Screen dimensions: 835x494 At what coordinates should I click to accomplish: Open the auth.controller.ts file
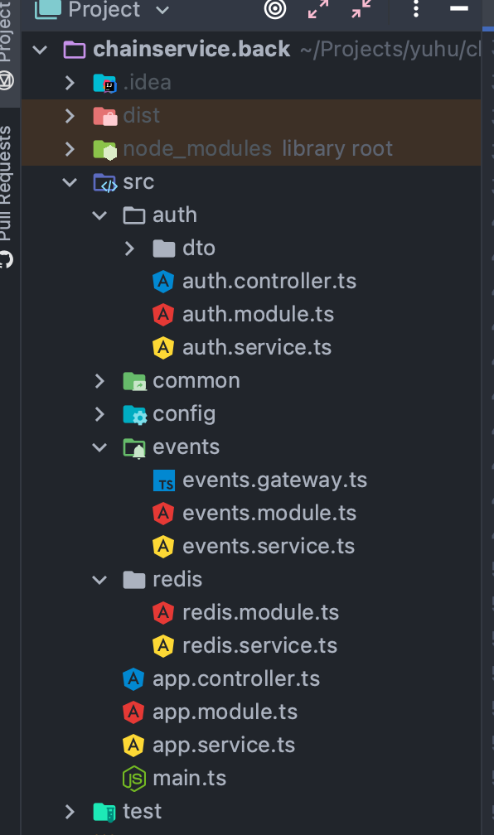[x=269, y=281]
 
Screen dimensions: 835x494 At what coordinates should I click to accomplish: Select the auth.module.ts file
[x=258, y=314]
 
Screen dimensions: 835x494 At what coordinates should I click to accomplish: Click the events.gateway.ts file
[x=274, y=480]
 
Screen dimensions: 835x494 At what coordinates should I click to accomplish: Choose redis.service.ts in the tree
[x=259, y=645]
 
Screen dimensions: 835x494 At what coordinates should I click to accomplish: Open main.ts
[x=189, y=778]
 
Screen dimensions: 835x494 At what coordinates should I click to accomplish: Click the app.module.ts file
[x=225, y=712]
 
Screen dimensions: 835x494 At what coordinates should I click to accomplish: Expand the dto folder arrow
[x=129, y=248]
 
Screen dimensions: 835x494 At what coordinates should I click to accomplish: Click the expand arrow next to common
[x=99, y=380]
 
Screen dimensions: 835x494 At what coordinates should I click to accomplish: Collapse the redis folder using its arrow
[x=99, y=579]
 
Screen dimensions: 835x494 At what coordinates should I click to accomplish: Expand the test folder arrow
[x=70, y=811]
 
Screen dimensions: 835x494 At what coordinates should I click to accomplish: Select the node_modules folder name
[x=196, y=148]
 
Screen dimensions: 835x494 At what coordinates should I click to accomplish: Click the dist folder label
[x=141, y=115]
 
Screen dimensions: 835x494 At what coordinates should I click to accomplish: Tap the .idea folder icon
[x=104, y=82]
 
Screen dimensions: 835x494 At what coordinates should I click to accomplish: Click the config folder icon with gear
[x=134, y=413]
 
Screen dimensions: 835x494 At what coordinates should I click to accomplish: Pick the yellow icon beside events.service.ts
[x=163, y=546]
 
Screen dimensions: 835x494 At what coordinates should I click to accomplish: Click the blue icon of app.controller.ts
[x=133, y=678]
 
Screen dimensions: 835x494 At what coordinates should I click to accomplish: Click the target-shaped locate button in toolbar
[x=274, y=9]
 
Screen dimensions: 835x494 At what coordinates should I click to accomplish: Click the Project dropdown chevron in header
[x=162, y=10]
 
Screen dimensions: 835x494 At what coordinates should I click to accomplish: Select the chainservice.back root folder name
[x=191, y=49]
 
